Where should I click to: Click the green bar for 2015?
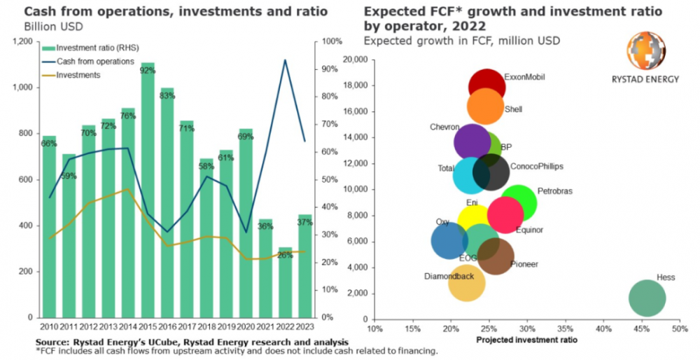[147, 189]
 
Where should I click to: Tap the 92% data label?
[147, 70]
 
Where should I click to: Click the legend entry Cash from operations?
[95, 62]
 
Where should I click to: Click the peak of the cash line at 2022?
[285, 60]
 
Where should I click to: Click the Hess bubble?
[647, 298]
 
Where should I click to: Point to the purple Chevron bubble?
[472, 142]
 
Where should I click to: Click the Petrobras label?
[555, 191]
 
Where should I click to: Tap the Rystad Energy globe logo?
[645, 52]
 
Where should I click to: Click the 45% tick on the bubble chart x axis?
[640, 328]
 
